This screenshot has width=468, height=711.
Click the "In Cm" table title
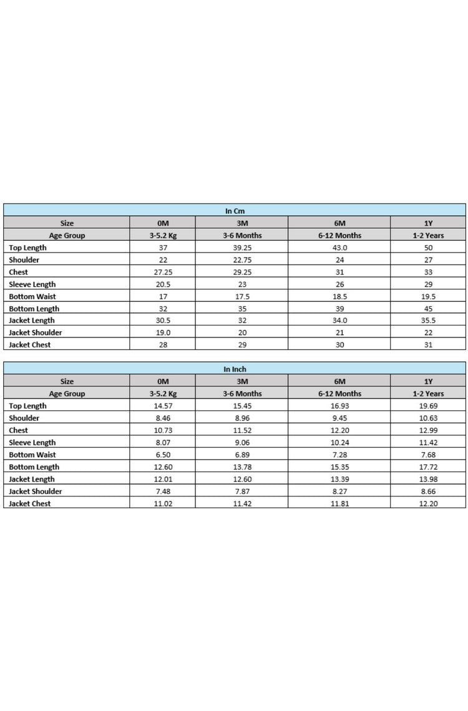tap(234, 211)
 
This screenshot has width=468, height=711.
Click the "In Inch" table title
tap(235, 369)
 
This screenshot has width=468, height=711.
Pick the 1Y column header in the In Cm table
tap(428, 223)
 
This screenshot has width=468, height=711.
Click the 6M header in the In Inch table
tap(339, 382)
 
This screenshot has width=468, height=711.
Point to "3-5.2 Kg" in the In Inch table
tap(163, 394)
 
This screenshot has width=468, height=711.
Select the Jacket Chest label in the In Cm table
tap(30, 345)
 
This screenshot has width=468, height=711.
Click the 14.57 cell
tap(163, 406)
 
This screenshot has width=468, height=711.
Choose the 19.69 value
tap(428, 406)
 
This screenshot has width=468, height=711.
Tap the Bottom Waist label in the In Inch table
tap(32, 455)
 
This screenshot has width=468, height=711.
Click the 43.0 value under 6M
tap(339, 248)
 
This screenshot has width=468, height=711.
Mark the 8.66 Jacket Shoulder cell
tap(428, 491)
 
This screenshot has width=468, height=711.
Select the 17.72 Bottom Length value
tap(428, 467)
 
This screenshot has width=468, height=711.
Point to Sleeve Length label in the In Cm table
tap(32, 284)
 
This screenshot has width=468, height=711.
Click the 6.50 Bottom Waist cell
tap(163, 455)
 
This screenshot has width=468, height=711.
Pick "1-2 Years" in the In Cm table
tap(428, 236)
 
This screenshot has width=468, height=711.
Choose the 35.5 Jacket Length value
tap(428, 321)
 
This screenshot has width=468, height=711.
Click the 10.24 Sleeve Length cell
tap(339, 443)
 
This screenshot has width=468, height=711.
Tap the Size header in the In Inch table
tap(67, 382)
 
